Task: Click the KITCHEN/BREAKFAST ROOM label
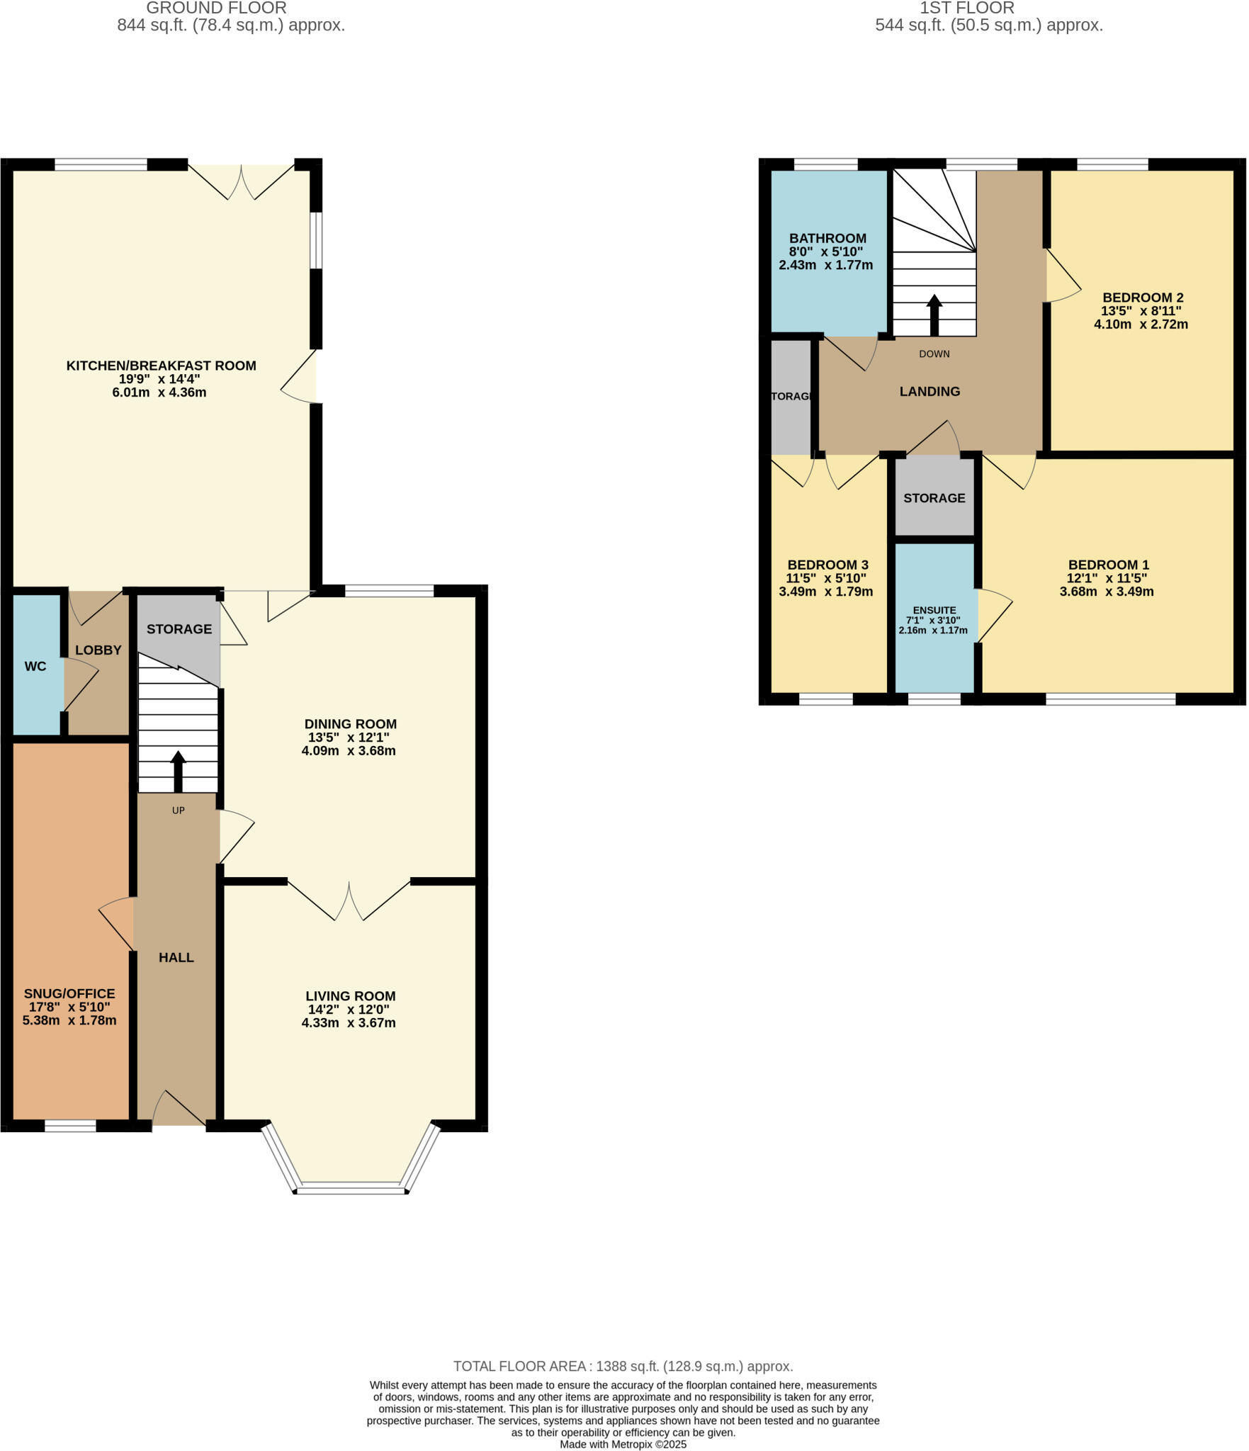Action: click(161, 366)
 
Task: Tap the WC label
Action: click(35, 666)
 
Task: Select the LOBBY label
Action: click(98, 650)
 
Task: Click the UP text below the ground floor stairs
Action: click(178, 810)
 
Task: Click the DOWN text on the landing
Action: click(934, 354)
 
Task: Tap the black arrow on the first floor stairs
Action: click(934, 315)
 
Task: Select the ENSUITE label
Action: click(934, 610)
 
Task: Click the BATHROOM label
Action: click(827, 238)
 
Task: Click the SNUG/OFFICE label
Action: click(69, 993)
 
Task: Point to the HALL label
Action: click(176, 957)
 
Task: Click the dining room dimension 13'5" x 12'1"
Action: click(347, 737)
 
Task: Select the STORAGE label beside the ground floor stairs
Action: click(179, 628)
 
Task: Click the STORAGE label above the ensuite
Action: click(934, 498)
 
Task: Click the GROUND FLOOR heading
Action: click(216, 9)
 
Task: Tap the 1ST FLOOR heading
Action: click(966, 9)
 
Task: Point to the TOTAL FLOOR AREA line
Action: click(623, 1366)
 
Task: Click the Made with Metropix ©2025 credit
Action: click(623, 1444)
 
